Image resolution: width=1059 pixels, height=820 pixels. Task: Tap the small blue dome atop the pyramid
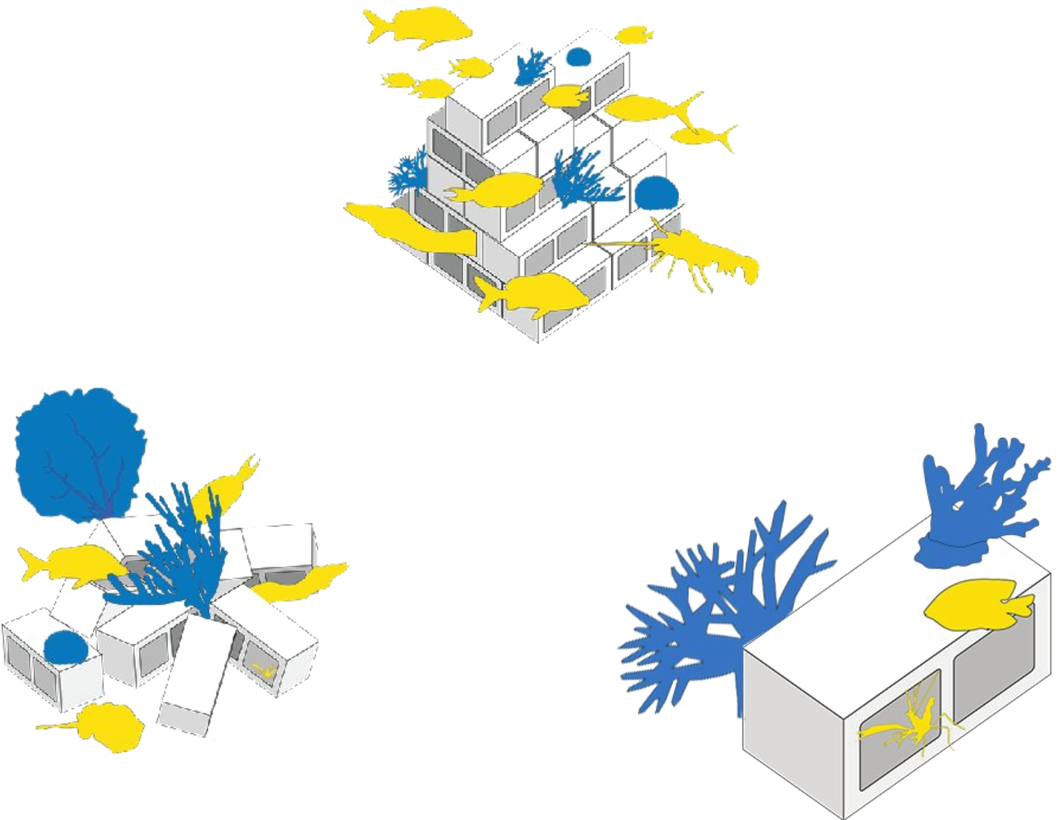tap(578, 57)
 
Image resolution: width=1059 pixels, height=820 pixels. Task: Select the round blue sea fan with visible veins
tap(79, 451)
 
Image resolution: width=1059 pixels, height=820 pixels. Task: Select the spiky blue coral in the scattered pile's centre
tap(178, 553)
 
